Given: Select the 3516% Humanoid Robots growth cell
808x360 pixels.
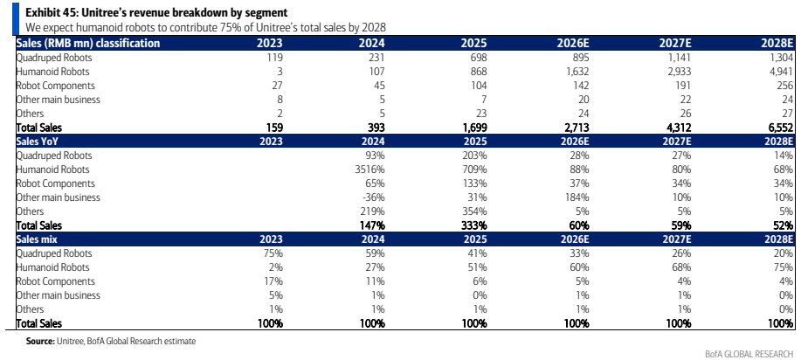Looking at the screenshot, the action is tap(371, 170).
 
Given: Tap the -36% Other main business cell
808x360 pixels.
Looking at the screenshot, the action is tap(374, 197).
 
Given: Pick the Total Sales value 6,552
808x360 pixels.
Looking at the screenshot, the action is tap(780, 128).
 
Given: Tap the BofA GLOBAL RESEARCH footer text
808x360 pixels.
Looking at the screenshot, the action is tap(749, 353).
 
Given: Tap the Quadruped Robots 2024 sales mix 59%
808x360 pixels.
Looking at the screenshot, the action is tap(375, 253).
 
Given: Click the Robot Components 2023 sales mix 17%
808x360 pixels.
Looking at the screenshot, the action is tap(274, 281).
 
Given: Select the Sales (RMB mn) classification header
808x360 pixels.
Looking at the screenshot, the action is tap(88, 44).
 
